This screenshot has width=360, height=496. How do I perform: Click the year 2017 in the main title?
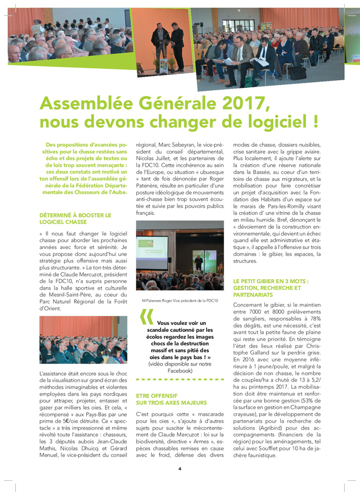pos(240,104)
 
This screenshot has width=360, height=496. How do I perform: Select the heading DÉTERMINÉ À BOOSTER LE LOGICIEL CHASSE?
pos(75,218)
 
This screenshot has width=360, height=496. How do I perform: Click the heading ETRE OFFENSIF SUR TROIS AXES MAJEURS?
pos(171,399)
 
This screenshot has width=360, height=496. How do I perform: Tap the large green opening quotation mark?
pos(146,317)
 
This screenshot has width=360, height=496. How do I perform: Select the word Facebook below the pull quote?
pos(180,371)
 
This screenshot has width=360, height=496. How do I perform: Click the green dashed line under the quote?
pos(180,380)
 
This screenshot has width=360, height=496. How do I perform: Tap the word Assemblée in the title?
pos(84,104)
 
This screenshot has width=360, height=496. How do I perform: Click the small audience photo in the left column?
pos(76,340)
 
